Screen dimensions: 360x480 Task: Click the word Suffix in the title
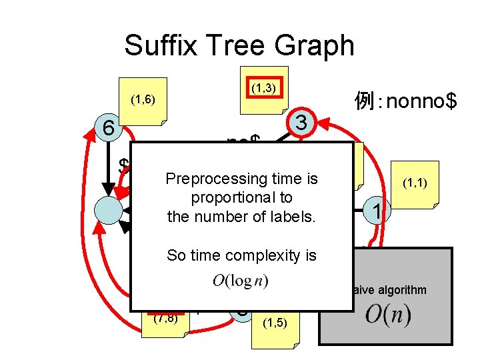[158, 45]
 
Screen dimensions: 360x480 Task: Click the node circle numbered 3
[301, 123]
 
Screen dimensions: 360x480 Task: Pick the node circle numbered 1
[377, 211]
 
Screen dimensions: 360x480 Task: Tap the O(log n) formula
[241, 281]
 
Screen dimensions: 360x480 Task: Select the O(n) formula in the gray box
[389, 315]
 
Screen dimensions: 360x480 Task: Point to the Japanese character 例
[365, 101]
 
